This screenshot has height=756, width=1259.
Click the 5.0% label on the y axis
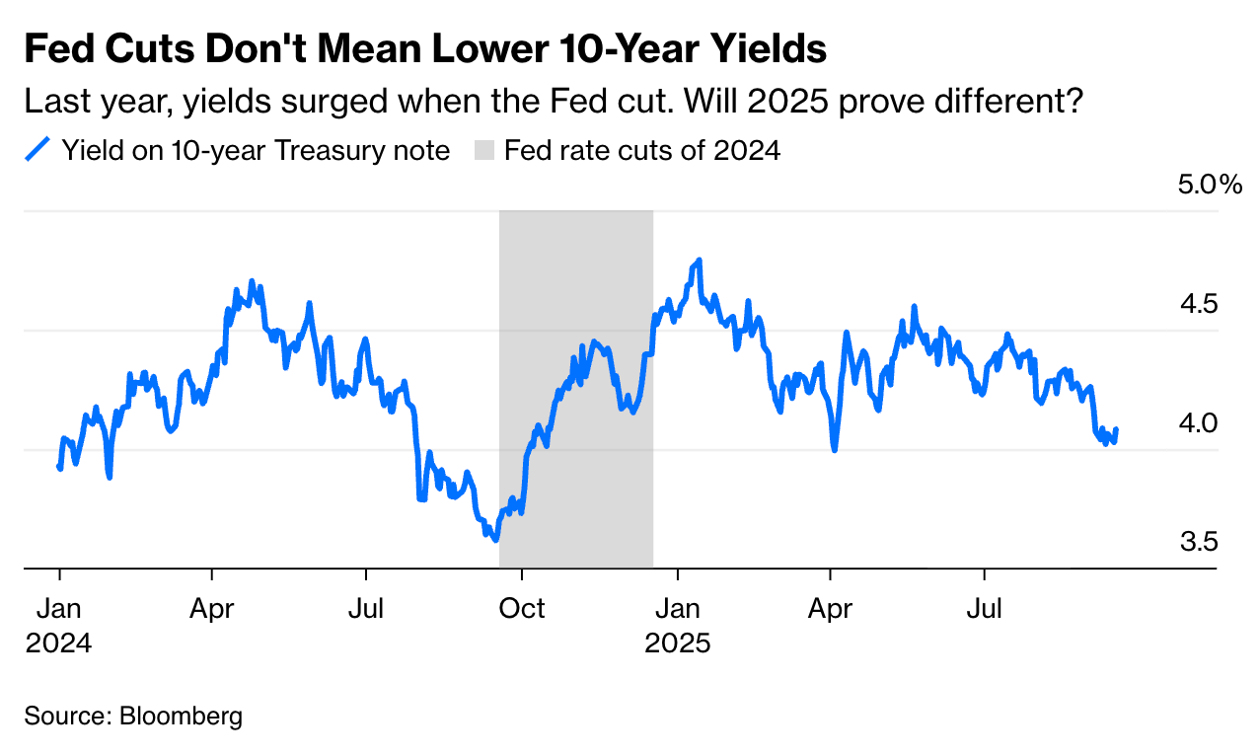(1211, 185)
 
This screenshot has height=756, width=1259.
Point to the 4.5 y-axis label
(1199, 304)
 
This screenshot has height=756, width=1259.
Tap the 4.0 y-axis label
(1199, 423)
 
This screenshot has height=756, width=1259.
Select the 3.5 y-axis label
(1199, 542)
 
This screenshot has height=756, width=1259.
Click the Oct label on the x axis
(522, 609)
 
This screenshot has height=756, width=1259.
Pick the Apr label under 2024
(212, 609)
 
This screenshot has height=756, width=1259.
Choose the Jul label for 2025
(984, 609)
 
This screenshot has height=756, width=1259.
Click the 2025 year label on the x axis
(677, 643)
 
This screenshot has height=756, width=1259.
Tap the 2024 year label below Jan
(59, 643)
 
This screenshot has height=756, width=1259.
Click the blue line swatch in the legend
(37, 151)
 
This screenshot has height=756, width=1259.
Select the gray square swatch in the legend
(484, 151)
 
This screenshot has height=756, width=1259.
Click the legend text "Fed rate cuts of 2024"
(642, 151)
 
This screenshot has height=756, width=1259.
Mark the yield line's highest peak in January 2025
(699, 261)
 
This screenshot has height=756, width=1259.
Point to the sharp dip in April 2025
(835, 450)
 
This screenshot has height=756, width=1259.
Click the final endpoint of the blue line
(1116, 429)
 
